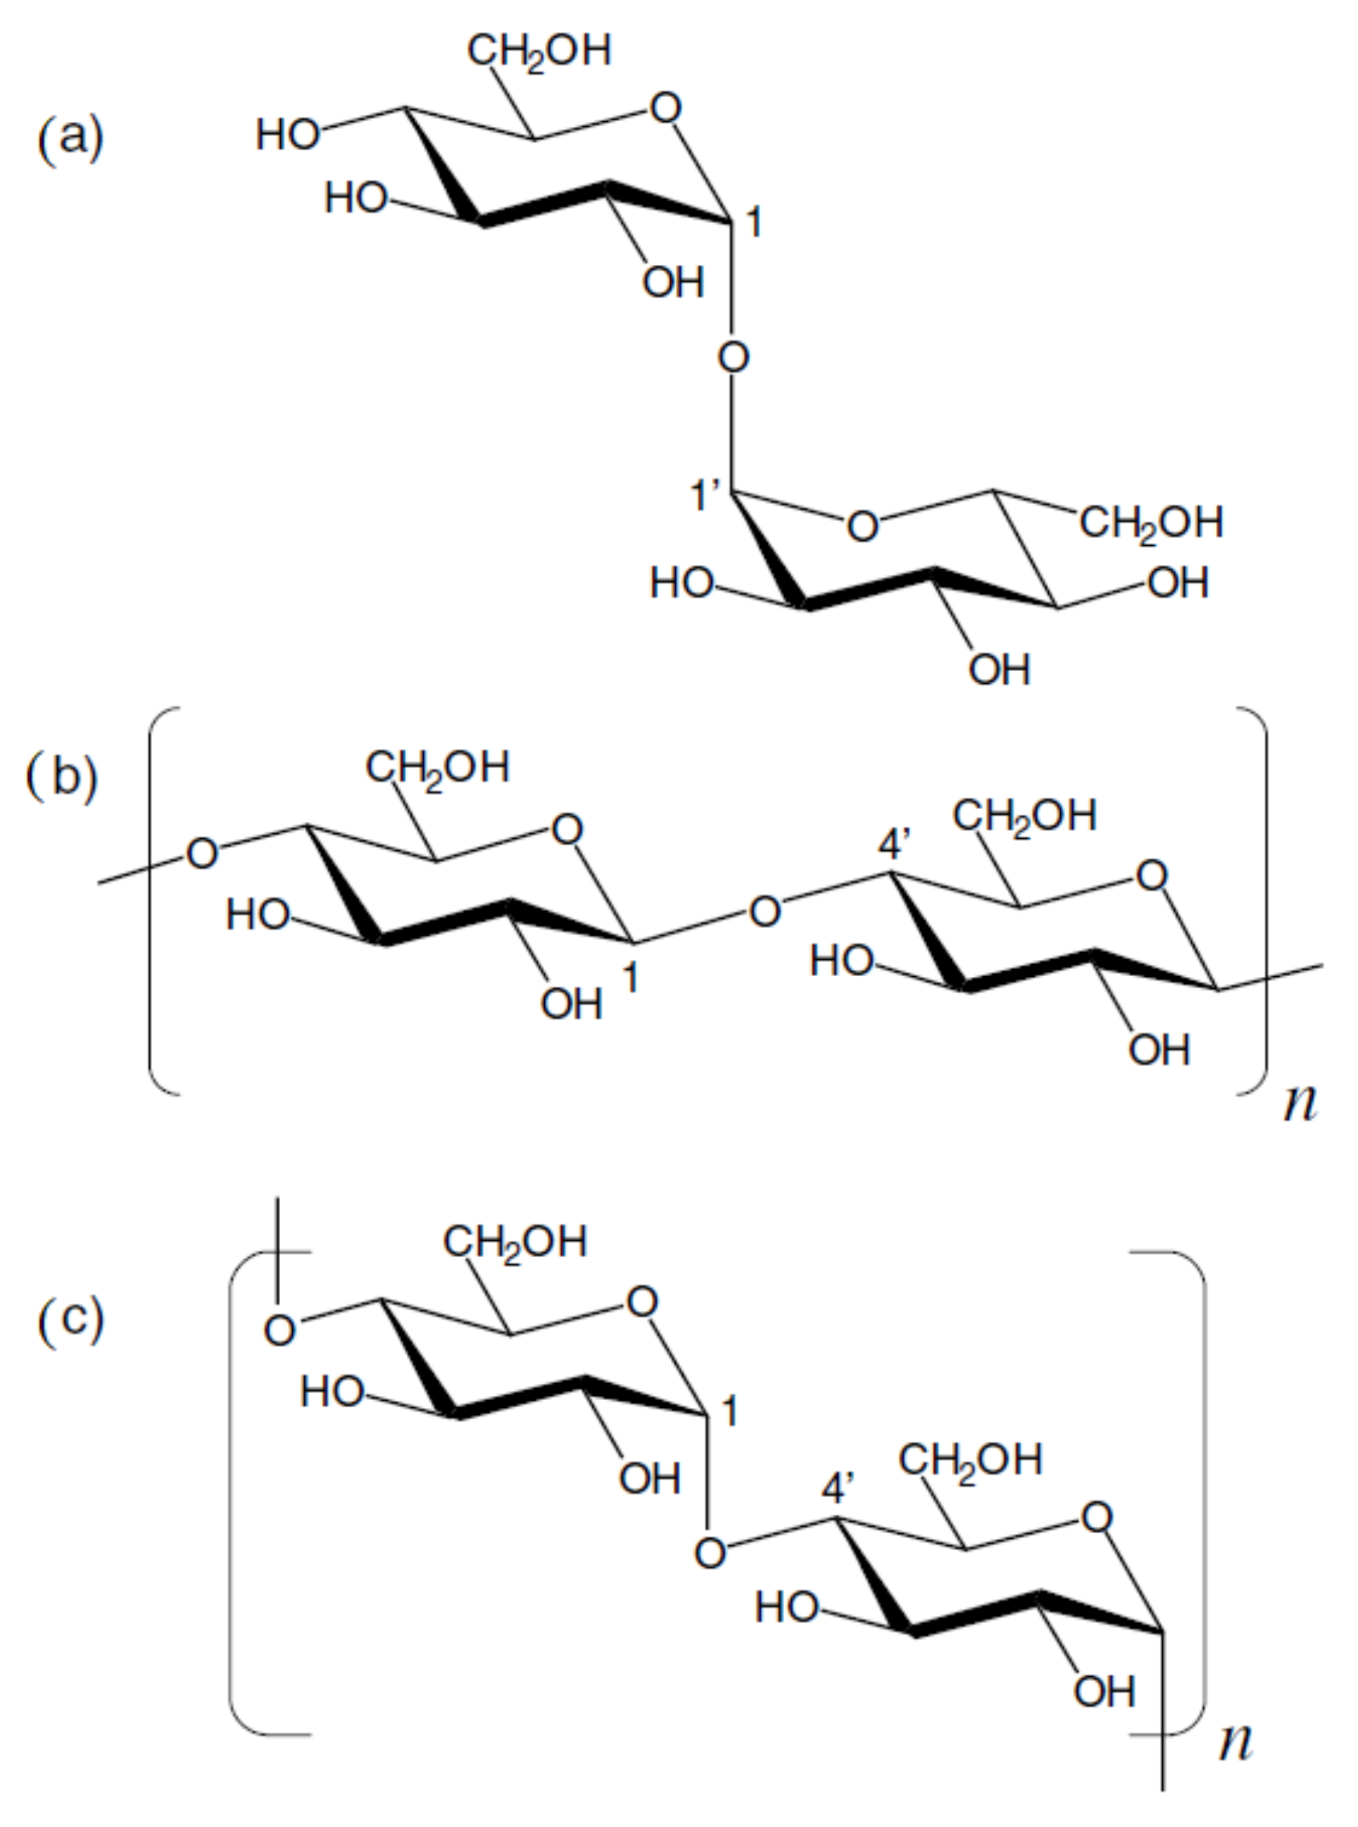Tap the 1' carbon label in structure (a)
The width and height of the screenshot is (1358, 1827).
[705, 496]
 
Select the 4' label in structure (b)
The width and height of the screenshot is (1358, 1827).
[897, 845]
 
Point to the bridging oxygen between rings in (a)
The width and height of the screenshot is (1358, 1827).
[734, 358]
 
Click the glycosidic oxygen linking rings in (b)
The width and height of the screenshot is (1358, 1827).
[765, 912]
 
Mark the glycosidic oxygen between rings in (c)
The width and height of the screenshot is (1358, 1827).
[710, 1553]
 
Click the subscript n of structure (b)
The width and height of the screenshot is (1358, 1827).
[1299, 1102]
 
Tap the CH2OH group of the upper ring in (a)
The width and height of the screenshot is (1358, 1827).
[539, 51]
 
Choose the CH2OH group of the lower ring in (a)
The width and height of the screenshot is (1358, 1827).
[1151, 523]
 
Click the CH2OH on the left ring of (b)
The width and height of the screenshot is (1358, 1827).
[437, 768]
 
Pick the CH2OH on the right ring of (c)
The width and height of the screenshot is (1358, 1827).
[970, 1460]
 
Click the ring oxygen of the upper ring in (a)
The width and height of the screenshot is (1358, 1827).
[665, 108]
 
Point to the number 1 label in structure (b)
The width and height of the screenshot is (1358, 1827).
[631, 979]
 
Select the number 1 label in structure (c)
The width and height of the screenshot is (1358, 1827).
[728, 1412]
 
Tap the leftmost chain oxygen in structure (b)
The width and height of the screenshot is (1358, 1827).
[202, 854]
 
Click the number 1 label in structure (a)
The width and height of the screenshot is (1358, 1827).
[753, 223]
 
